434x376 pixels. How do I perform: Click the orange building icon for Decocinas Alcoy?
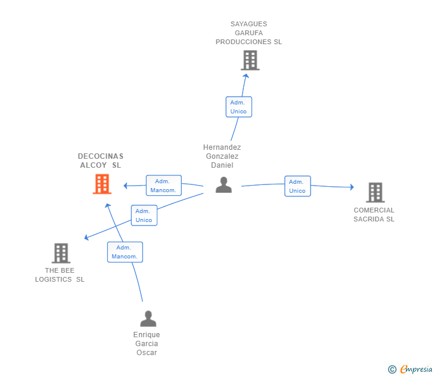tap(102, 184)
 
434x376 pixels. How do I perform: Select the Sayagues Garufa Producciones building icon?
tap(250, 60)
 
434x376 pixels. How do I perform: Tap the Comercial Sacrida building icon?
tap(374, 192)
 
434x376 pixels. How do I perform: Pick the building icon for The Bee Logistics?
tap(61, 253)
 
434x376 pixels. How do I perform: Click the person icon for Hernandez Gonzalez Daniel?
tap(224, 185)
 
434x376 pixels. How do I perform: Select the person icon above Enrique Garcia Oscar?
tap(148, 319)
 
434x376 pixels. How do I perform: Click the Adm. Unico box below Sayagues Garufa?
tap(238, 107)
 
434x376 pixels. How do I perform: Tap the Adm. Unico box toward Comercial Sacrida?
tap(297, 186)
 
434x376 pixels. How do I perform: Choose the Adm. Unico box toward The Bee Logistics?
tap(144, 215)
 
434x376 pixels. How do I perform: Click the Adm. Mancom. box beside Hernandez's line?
tap(163, 186)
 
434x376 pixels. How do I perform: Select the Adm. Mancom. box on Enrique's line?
tap(125, 252)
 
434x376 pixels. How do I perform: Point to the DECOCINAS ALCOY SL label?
tap(100, 161)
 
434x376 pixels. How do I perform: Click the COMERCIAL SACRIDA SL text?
tap(374, 215)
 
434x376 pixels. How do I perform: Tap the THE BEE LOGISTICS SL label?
tap(60, 275)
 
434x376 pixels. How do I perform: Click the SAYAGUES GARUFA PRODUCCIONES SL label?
tap(249, 33)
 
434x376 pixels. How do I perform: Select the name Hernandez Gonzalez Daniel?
tap(222, 156)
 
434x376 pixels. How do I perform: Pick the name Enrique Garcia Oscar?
tap(147, 344)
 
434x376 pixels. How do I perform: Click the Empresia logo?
tap(416, 369)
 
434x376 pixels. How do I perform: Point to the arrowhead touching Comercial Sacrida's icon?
tap(352, 187)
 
